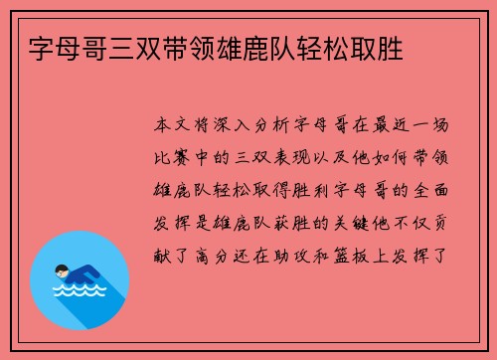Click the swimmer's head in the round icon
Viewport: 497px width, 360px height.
click(63, 270)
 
